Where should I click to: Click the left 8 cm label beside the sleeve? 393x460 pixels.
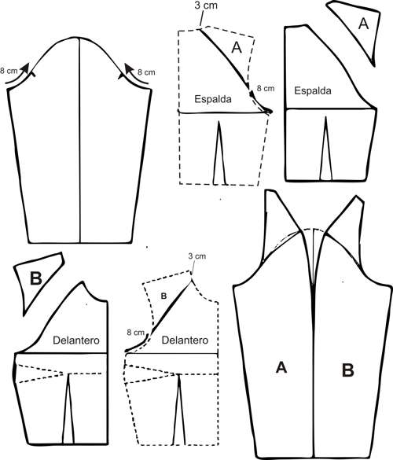[x=9, y=71]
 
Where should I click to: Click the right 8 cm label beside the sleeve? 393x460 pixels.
[x=146, y=72]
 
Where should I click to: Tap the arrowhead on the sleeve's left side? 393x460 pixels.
[x=26, y=68]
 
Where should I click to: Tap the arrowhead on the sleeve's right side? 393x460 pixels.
[x=128, y=68]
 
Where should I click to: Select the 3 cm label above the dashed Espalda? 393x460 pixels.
[x=206, y=6]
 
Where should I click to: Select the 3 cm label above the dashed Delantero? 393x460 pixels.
[x=196, y=256]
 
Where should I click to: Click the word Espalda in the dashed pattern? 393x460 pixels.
[x=213, y=99]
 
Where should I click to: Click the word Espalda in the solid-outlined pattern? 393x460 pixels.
[x=313, y=90]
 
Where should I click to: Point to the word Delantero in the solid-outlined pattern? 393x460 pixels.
[x=76, y=340]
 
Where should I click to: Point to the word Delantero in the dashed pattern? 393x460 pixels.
[x=185, y=340]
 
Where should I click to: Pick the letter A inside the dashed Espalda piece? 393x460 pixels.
[x=237, y=48]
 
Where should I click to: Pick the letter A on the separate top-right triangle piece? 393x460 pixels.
[x=363, y=24]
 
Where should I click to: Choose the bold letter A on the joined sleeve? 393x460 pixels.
[x=281, y=367]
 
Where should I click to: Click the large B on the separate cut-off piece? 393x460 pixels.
[x=36, y=278]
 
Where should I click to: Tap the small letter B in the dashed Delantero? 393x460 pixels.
[x=163, y=296]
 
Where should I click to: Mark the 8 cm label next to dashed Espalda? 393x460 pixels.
[x=266, y=88]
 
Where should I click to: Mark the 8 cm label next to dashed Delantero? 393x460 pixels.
[x=136, y=333]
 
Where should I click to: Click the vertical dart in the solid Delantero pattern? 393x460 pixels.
[x=68, y=408]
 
